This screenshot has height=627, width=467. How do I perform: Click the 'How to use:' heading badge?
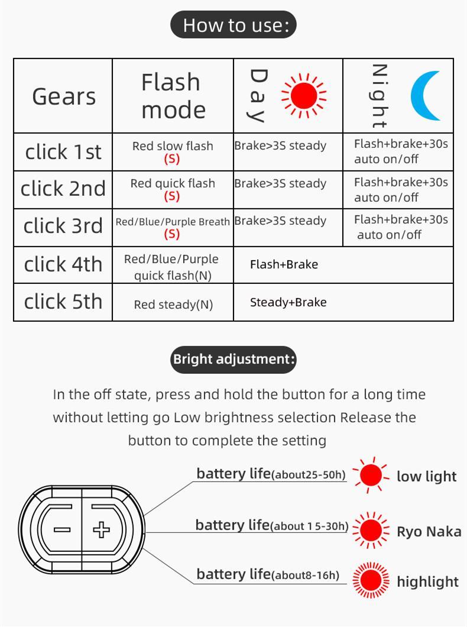click(234, 25)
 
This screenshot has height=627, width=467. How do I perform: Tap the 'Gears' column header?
click(63, 96)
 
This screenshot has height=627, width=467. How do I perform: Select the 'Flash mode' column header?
click(173, 96)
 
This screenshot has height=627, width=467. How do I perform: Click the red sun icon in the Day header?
click(304, 95)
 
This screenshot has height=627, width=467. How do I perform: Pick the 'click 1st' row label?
click(63, 152)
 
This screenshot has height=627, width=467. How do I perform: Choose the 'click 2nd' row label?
click(63, 189)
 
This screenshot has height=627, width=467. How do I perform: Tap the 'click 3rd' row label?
click(63, 227)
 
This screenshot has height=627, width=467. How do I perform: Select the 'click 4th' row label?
click(63, 264)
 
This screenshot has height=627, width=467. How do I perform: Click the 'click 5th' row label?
click(63, 302)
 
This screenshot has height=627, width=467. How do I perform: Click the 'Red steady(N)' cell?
click(173, 305)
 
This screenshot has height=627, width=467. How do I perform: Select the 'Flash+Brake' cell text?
click(284, 264)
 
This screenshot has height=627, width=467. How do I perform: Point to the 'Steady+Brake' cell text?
click(288, 302)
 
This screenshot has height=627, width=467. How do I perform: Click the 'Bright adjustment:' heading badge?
click(234, 359)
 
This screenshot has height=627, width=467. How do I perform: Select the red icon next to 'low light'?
click(371, 475)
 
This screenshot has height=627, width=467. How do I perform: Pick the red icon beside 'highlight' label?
click(371, 580)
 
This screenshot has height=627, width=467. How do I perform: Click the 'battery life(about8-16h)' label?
click(268, 574)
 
